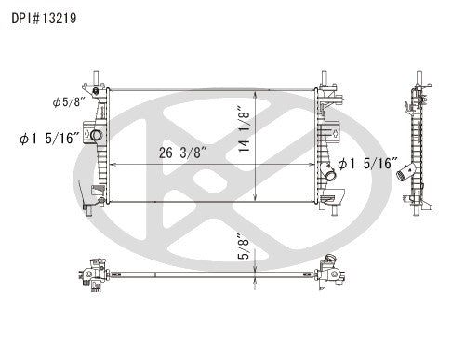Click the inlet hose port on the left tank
pyautogui.click(x=95, y=136)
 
